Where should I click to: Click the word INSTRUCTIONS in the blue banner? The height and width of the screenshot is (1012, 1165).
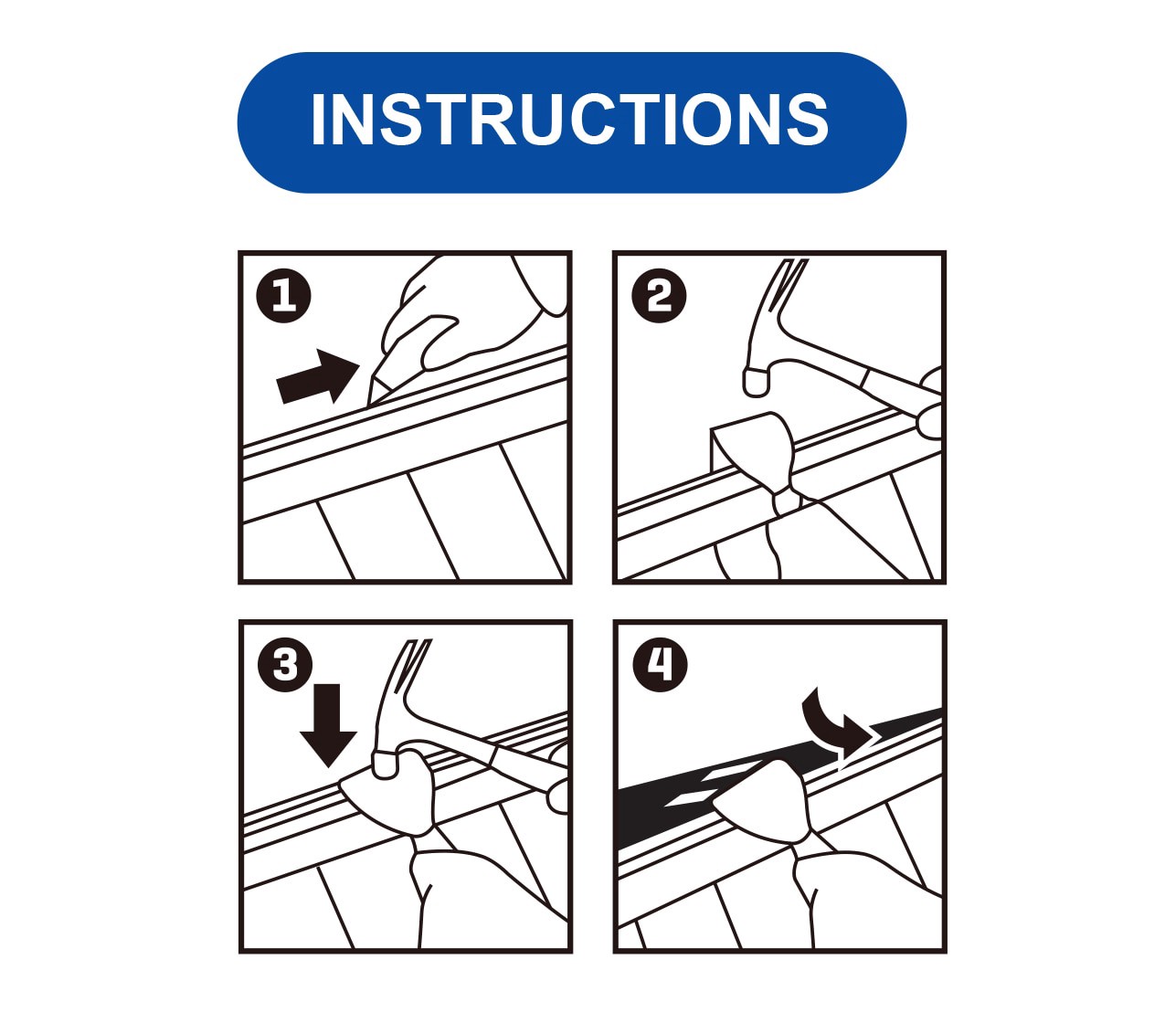[570, 120]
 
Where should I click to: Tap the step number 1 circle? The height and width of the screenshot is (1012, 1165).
[283, 297]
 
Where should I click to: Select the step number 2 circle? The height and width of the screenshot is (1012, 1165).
[659, 297]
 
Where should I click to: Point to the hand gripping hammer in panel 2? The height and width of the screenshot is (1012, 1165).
[930, 402]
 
